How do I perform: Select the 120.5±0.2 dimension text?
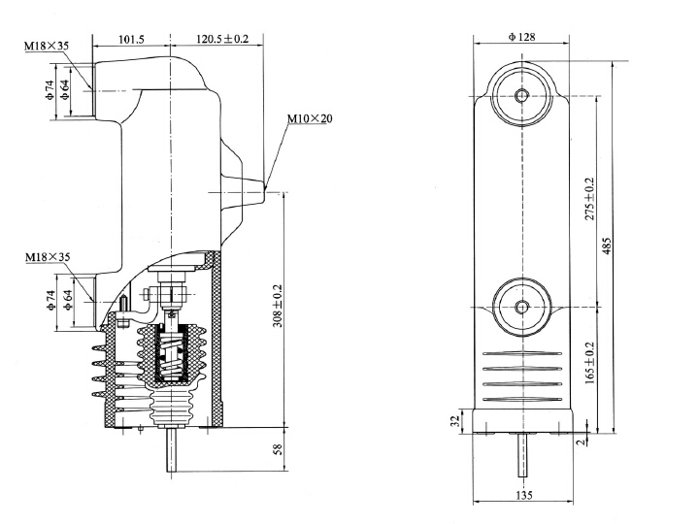pos(220,40)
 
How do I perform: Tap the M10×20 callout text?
pos(310,118)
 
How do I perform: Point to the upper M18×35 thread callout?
pos(46,47)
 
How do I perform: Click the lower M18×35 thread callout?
pos(46,257)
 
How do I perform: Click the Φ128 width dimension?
pos(523,37)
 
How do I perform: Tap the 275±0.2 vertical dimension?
pos(591,199)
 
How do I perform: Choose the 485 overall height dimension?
pos(608,245)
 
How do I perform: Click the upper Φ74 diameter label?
pos(49,90)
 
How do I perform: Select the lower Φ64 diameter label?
pos(67,301)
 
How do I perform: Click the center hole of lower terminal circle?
pos(522,307)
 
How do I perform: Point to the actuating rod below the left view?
pos(171,452)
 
